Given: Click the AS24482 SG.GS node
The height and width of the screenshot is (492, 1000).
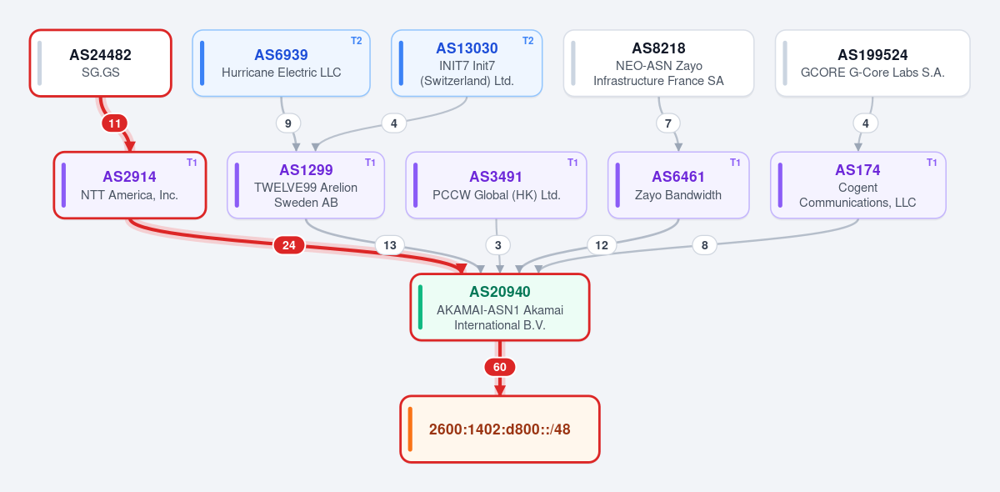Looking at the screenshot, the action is pyautogui.click(x=101, y=63).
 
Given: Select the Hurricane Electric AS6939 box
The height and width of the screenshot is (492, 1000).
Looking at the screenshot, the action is pyautogui.click(x=282, y=63).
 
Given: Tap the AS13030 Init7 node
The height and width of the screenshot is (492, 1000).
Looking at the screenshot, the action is pyautogui.click(x=467, y=63).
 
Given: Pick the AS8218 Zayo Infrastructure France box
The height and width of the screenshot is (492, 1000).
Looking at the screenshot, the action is pyautogui.click(x=658, y=63).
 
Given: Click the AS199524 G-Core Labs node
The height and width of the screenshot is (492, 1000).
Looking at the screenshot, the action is pyautogui.click(x=872, y=63).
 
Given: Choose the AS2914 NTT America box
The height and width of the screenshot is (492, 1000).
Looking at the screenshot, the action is pyautogui.click(x=129, y=185).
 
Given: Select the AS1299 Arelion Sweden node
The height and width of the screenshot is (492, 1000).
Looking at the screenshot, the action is pyautogui.click(x=306, y=185).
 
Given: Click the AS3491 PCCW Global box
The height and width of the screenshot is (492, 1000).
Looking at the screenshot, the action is pyautogui.click(x=496, y=185).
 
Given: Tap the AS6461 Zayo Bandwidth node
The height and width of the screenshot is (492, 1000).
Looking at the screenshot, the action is pyautogui.click(x=678, y=185).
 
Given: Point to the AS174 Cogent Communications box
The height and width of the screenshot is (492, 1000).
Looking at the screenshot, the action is pyautogui.click(x=857, y=185).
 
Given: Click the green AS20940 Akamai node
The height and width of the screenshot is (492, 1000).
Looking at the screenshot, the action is pyautogui.click(x=499, y=307).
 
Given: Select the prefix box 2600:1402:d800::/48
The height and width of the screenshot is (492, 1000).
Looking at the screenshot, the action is pyautogui.click(x=499, y=429).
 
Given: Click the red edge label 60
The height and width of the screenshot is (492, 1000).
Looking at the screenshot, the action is pyautogui.click(x=499, y=367).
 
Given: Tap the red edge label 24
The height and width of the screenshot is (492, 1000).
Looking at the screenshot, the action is pyautogui.click(x=289, y=245).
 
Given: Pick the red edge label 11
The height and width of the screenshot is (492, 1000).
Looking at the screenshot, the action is pyautogui.click(x=114, y=123).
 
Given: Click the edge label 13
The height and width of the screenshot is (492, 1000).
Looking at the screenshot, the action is pyautogui.click(x=390, y=245).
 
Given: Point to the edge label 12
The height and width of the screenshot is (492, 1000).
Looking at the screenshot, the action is pyautogui.click(x=602, y=245).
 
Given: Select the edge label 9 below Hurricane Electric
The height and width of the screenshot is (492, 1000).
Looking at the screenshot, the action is pyautogui.click(x=288, y=123).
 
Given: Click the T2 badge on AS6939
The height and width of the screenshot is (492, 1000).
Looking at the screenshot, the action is pyautogui.click(x=357, y=41).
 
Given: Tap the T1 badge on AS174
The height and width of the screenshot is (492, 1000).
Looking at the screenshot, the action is pyautogui.click(x=932, y=163).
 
